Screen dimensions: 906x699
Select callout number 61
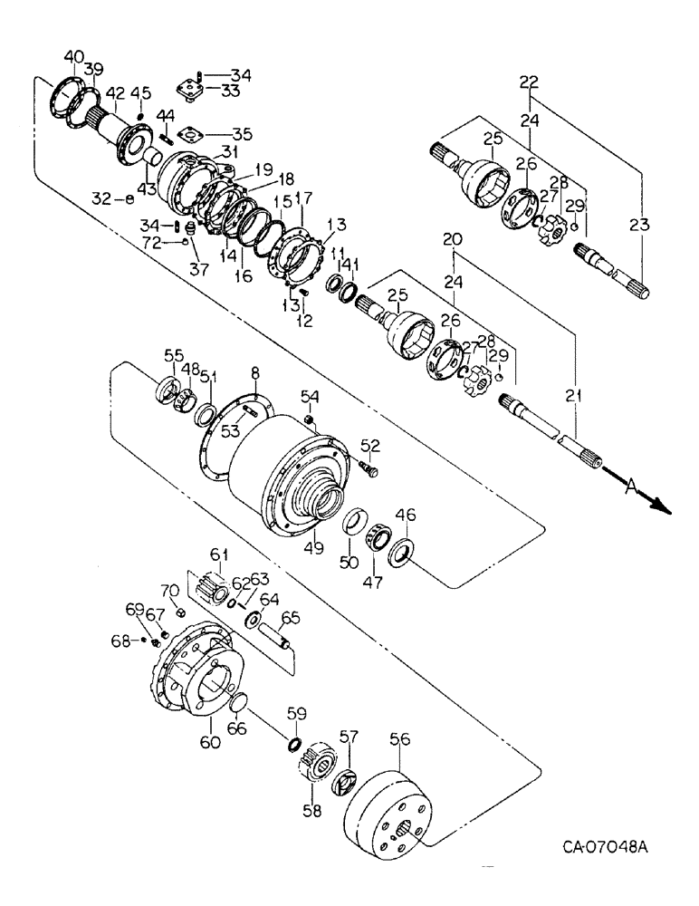point(218,554)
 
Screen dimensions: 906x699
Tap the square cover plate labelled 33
point(192,92)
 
